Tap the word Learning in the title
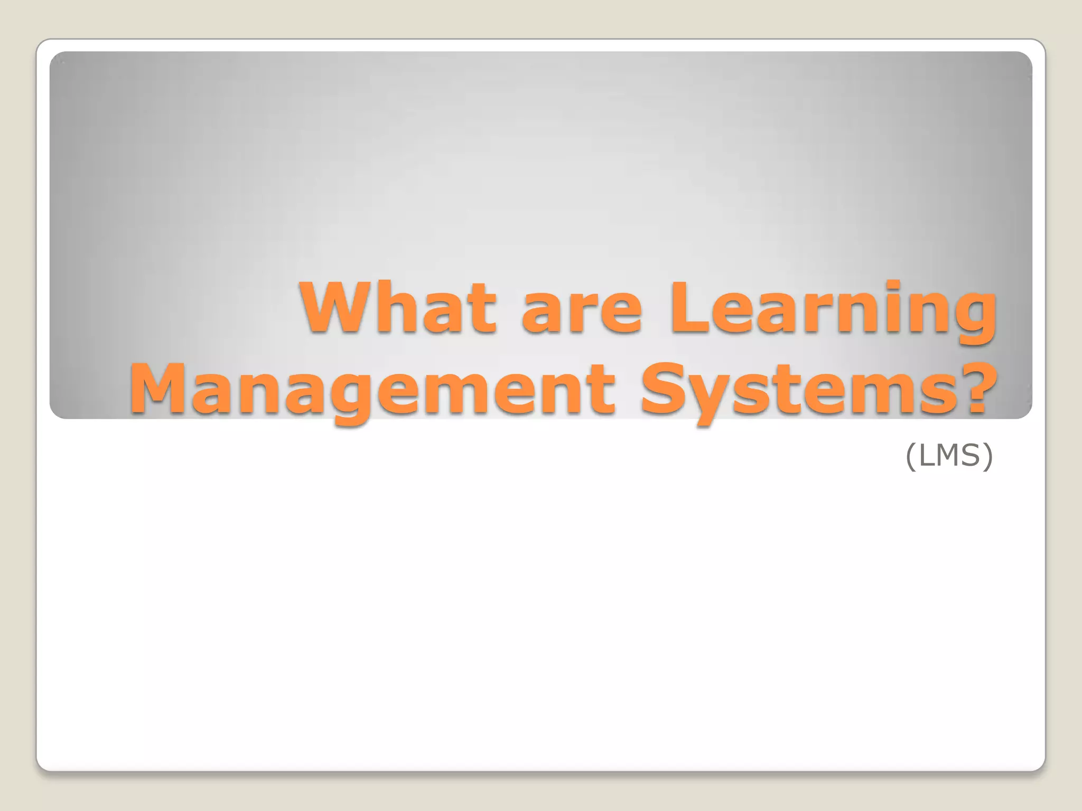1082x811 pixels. point(834,312)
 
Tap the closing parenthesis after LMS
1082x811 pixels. point(988,456)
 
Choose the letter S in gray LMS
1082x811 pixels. point(973,455)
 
